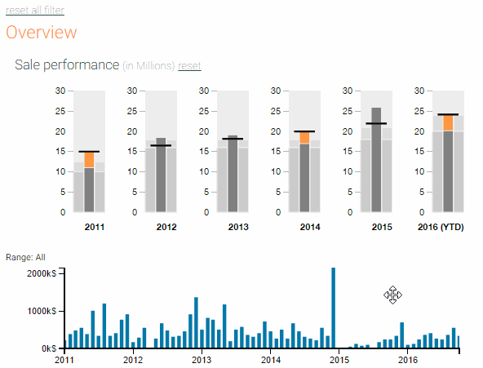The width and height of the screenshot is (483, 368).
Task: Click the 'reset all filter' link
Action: [x=35, y=10]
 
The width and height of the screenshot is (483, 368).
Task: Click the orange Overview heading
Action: [x=42, y=32]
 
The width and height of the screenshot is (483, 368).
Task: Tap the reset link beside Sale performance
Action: [x=189, y=65]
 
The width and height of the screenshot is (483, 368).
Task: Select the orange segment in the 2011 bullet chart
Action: [x=89, y=160]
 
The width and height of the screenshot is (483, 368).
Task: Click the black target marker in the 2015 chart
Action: [x=376, y=123]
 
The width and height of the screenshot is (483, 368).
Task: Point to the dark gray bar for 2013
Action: [x=233, y=174]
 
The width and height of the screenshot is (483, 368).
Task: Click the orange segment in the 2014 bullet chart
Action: [x=304, y=138]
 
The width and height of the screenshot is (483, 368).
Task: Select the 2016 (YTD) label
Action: [x=441, y=227]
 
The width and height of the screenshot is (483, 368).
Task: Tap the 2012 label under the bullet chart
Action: [x=166, y=227]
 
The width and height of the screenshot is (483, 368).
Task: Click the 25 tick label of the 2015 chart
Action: [x=348, y=111]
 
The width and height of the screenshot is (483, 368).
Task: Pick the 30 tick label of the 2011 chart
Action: [x=60, y=91]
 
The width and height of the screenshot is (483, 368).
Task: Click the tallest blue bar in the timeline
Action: [x=334, y=308]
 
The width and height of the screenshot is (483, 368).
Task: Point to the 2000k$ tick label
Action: [x=42, y=273]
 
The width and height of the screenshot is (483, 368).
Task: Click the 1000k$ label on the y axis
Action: [x=42, y=311]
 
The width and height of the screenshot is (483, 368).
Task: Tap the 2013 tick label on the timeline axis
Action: [x=202, y=360]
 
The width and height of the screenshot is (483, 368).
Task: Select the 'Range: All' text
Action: [x=25, y=257]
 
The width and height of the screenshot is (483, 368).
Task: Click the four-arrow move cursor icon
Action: [x=392, y=295]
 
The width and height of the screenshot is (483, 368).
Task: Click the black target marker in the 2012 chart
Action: [x=161, y=145]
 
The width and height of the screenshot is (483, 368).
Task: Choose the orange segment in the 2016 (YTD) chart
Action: [x=448, y=123]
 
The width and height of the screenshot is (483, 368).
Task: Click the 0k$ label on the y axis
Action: [x=49, y=348]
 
